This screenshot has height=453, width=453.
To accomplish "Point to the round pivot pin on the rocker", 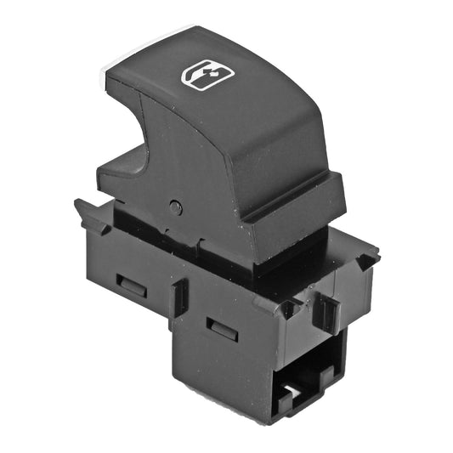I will click(x=175, y=207).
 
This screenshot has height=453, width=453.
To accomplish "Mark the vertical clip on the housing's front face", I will click(x=326, y=312).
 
